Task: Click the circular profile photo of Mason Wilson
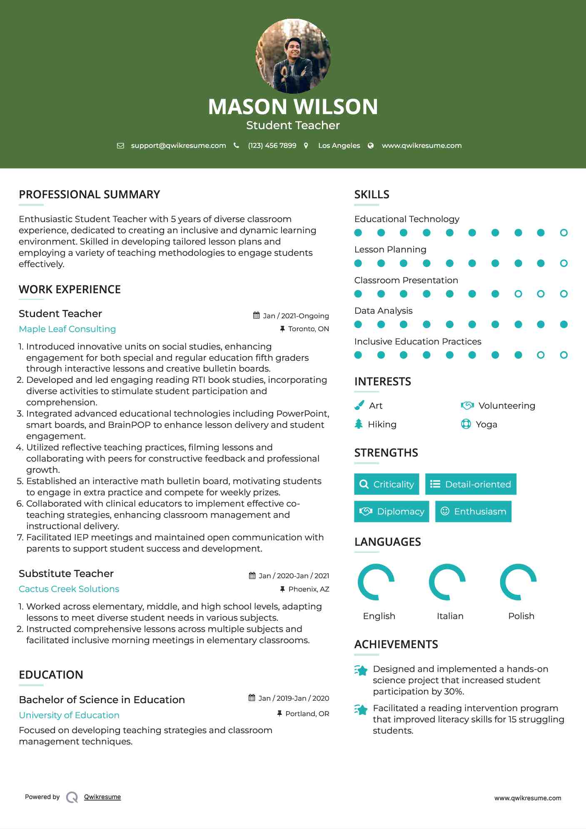293,56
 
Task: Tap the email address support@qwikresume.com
178,145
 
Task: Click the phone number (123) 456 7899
272,145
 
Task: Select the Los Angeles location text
339,145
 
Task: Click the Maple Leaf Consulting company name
67,329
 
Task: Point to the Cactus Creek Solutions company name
69,589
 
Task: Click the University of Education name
69,715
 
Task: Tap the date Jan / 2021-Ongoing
296,316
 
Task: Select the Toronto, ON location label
308,329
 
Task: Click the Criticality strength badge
387,484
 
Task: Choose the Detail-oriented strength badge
471,484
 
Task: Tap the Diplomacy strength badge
391,512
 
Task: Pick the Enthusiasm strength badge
473,512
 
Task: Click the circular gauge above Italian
447,582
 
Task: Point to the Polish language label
521,616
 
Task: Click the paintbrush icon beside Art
359,405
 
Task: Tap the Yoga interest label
486,424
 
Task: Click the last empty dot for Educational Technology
564,233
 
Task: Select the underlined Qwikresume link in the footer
102,797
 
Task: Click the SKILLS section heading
372,195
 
